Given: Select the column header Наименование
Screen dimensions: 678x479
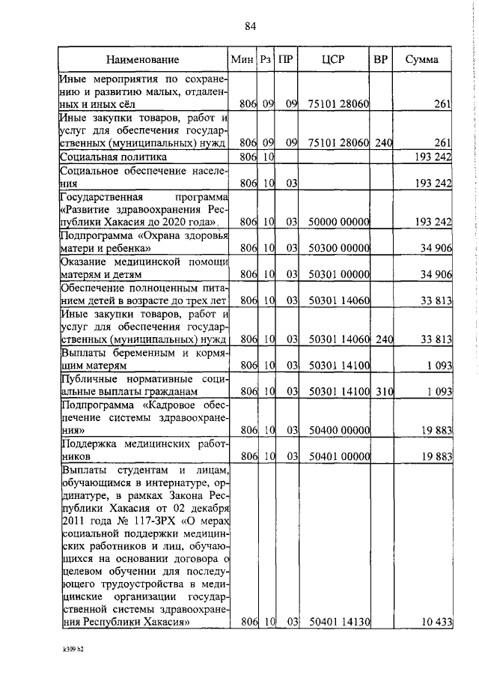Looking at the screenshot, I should click(142, 59).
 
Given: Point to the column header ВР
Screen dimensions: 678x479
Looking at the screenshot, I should click(380, 59).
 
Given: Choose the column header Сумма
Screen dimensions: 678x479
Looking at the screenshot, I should click(421, 59).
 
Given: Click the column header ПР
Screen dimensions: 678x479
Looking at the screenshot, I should click(285, 59).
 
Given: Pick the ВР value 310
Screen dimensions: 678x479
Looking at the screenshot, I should click(383, 391).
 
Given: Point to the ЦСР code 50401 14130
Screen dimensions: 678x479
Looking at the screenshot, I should click(338, 622).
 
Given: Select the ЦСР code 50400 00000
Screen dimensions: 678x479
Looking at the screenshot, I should click(338, 430).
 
